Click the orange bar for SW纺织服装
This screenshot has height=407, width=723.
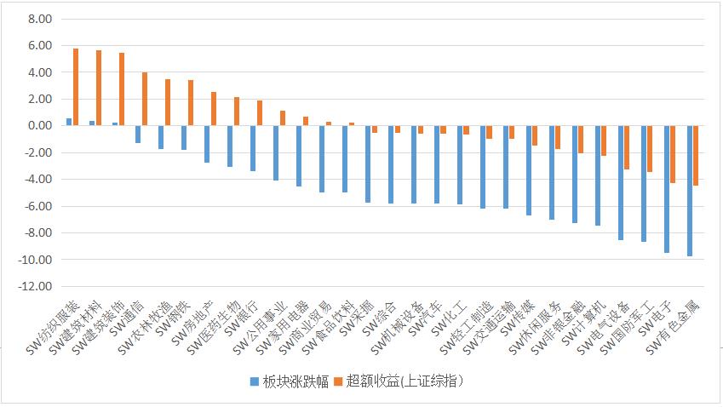click(x=76, y=87)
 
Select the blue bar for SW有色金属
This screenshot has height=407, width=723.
click(x=690, y=191)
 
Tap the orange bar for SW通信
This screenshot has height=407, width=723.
click(x=145, y=99)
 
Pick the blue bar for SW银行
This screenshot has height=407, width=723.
click(x=253, y=148)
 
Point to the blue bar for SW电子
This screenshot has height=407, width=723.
click(x=667, y=189)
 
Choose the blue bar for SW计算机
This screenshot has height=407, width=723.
click(x=598, y=175)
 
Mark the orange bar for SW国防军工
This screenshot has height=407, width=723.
click(x=651, y=149)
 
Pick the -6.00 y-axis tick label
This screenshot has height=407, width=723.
click(x=38, y=207)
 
